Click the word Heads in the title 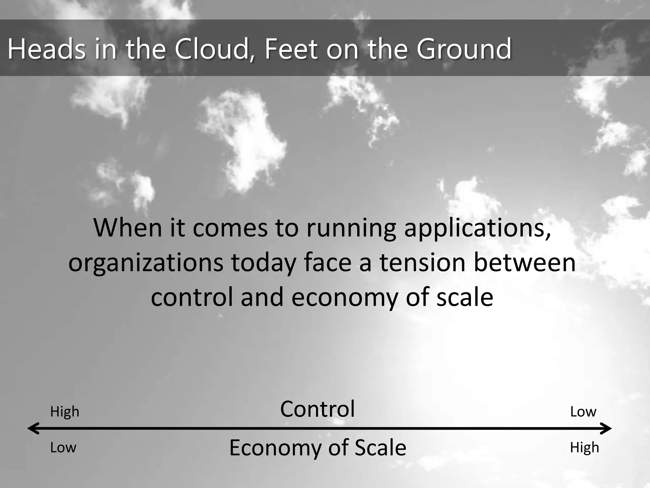(x=47, y=49)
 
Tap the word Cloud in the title (x=211, y=49)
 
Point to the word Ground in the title (x=464, y=49)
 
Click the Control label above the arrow (x=317, y=409)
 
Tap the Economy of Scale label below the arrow (x=318, y=448)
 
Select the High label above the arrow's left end (x=65, y=412)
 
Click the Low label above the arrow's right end (x=583, y=412)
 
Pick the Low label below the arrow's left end (x=63, y=448)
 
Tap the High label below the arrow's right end (x=584, y=448)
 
